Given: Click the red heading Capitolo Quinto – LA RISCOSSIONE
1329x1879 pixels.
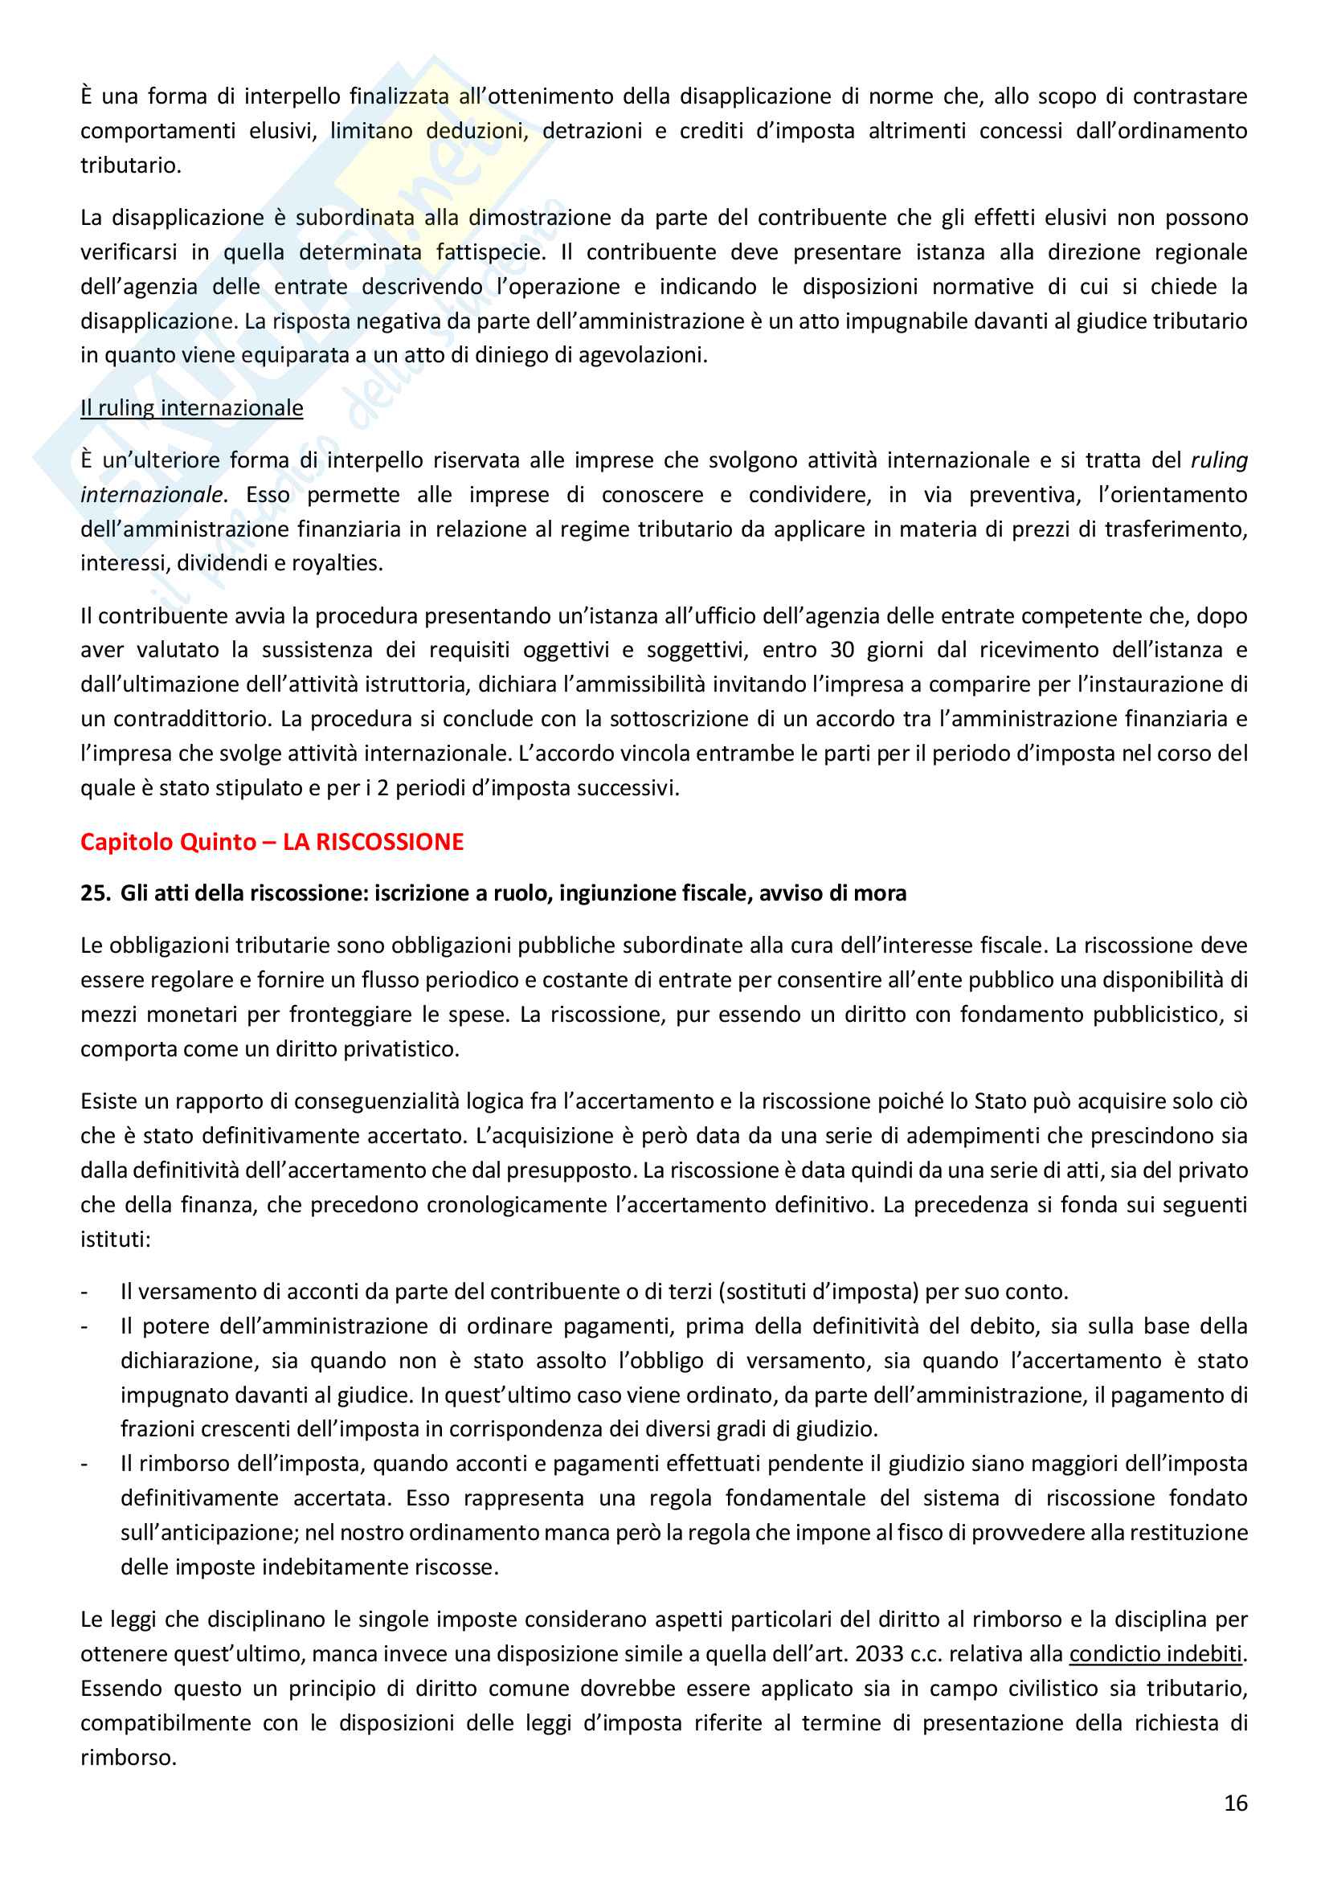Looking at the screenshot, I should (272, 841).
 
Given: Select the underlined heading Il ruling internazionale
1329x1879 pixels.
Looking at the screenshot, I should (191, 407).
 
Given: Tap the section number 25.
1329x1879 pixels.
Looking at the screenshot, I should (95, 893).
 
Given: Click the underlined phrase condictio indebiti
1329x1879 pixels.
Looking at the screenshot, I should (1155, 1654).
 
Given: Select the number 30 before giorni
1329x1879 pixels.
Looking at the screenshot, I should (842, 650).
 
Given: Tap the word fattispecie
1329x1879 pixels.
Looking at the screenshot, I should (489, 252).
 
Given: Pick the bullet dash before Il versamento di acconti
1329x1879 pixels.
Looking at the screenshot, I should (84, 1292).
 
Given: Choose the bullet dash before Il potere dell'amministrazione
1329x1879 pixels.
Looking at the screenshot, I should (84, 1326).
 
